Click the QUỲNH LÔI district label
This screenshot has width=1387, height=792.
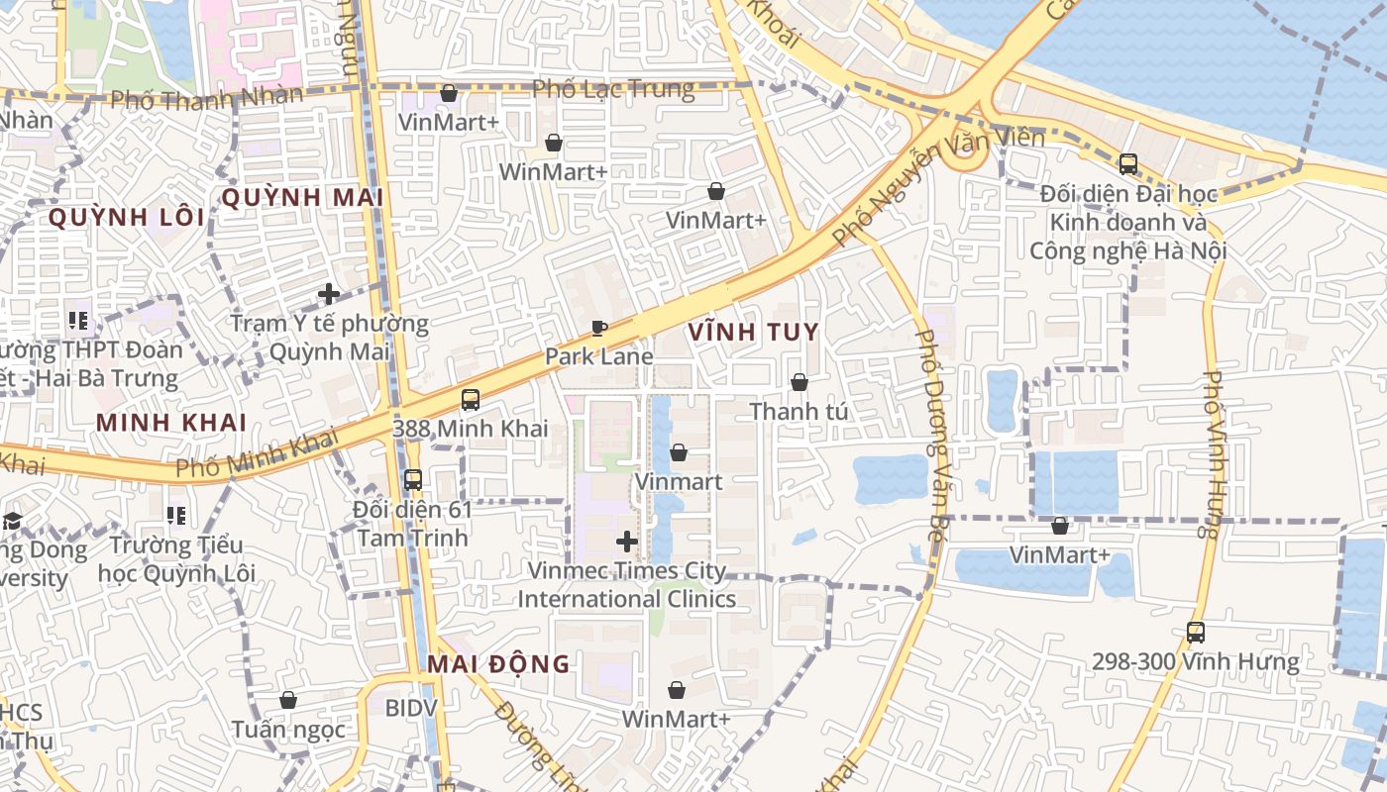point(126,217)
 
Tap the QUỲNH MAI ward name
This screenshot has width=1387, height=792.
point(302,197)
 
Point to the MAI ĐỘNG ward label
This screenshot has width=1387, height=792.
point(499,663)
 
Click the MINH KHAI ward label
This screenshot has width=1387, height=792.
point(171,422)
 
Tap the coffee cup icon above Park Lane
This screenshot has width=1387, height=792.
point(598,328)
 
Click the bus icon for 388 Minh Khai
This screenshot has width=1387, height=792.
point(470,400)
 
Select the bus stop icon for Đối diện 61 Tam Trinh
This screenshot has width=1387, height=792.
point(413,480)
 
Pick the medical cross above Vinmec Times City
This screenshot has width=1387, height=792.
point(626,542)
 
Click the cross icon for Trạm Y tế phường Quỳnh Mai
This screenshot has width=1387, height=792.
point(329,294)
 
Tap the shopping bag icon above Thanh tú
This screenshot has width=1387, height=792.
point(799,382)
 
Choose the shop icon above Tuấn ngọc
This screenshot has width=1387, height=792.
point(288,700)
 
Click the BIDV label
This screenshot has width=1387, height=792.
point(409,708)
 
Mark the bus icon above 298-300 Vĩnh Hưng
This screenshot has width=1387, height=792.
point(1196,632)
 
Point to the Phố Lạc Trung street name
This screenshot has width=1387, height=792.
point(613,89)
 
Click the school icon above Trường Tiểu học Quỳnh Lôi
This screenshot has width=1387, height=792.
point(176,515)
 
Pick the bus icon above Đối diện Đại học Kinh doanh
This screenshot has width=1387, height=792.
point(1127,163)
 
